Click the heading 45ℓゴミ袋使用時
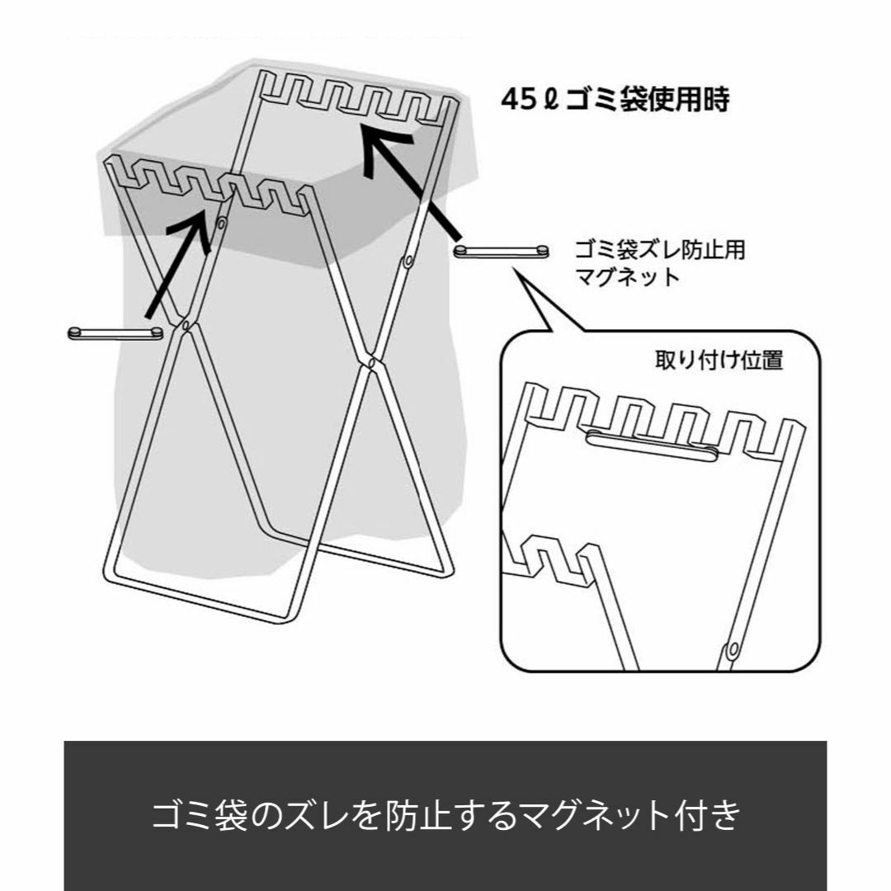615,100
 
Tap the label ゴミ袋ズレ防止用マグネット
660,263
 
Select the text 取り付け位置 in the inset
719,361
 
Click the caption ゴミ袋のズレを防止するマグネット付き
446,815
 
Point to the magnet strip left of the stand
115,333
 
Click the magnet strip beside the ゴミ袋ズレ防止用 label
502,251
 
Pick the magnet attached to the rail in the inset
653,445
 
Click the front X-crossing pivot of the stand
186,326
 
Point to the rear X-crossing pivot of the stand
370,361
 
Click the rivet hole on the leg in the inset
733,648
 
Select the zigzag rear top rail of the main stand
356,96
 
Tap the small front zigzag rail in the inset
551,559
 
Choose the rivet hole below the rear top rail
408,262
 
